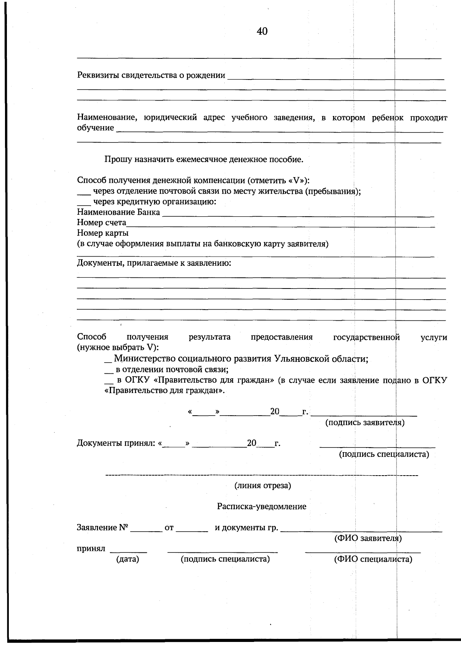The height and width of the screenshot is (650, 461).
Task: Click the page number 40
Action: tap(262, 31)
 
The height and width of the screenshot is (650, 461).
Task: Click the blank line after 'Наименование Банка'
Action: tap(298, 216)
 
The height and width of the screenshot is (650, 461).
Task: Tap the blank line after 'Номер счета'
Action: tap(280, 226)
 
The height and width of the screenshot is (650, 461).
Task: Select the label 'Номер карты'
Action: tap(103, 233)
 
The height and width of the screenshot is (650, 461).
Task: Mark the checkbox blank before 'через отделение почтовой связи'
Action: tap(84, 194)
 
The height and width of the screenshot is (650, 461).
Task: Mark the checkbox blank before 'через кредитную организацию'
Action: tap(84, 204)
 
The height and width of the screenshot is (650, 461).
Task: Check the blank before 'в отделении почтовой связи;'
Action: tap(108, 372)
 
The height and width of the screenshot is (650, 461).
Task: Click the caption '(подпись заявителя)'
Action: tap(365, 423)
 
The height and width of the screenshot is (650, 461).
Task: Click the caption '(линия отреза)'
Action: tap(263, 486)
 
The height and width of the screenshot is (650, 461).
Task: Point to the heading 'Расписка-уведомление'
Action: tap(262, 506)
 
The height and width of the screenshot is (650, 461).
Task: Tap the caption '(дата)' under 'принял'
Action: tap(128, 559)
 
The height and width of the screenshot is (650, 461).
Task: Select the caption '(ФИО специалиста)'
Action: tap(373, 559)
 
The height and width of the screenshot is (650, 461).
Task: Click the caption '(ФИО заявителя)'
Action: tap(368, 538)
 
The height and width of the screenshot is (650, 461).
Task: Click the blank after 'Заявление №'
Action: tap(146, 531)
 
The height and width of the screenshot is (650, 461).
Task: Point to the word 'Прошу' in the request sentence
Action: tap(118, 159)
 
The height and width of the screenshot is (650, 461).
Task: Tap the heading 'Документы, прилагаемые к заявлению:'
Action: tap(154, 263)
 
